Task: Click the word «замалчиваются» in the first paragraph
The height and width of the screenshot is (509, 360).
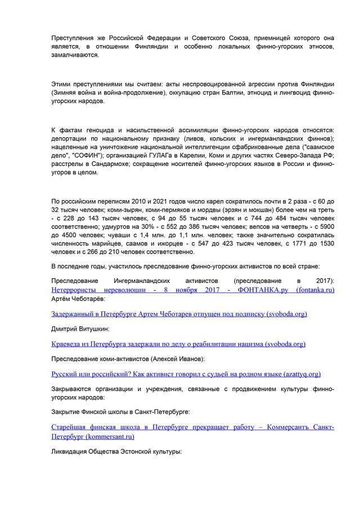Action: pyautogui.click(x=75, y=56)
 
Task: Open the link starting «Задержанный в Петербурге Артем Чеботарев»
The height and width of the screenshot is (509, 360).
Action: pyautogui.click(x=179, y=313)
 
